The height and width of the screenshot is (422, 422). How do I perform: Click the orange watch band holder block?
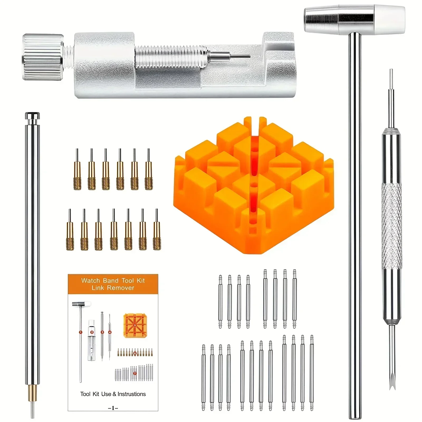point(253,185)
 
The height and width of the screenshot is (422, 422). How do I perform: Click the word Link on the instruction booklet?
point(98,288)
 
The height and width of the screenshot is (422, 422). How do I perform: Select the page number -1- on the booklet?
point(113,408)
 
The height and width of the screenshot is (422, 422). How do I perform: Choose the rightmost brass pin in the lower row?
point(157,230)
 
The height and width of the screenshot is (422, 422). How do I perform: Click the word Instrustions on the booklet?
point(132,394)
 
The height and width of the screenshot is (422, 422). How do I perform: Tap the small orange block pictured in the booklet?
point(135,325)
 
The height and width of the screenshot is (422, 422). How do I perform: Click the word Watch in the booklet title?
point(90,280)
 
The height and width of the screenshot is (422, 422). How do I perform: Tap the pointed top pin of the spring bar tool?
point(391,87)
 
